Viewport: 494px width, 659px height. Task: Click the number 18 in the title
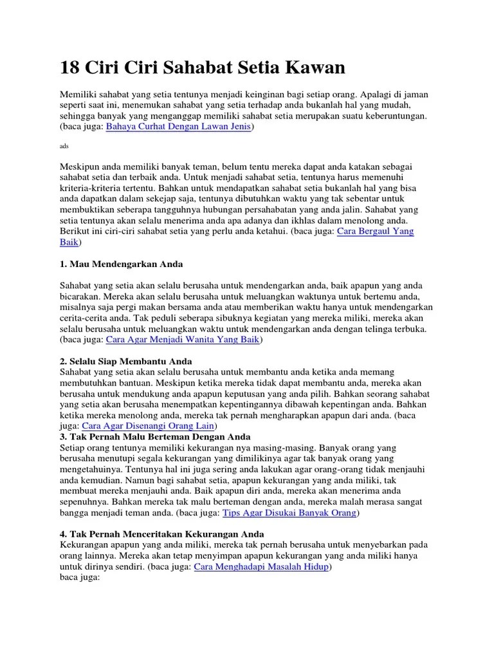point(70,67)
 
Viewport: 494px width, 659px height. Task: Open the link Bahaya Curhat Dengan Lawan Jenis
point(179,127)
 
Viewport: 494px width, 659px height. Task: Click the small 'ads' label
point(64,147)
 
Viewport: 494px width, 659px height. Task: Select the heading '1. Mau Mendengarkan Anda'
point(121,264)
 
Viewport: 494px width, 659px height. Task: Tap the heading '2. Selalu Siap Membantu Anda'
point(125,361)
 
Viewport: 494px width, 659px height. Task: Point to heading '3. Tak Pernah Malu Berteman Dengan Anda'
point(154,436)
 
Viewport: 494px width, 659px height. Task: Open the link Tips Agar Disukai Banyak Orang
point(289,513)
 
